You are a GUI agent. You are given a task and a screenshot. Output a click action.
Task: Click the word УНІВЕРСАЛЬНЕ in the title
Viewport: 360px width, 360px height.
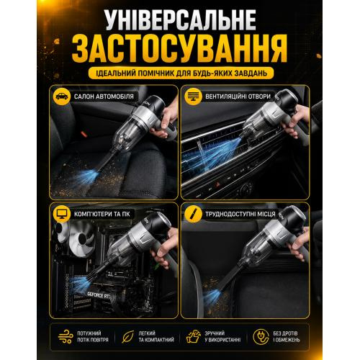[181, 20]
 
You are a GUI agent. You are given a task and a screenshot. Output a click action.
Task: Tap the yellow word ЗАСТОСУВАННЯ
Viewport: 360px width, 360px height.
[180, 49]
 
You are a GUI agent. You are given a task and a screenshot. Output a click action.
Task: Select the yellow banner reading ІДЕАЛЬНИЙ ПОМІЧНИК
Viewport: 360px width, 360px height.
[181, 73]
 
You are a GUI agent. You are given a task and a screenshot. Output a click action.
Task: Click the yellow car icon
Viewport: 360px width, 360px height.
[62, 96]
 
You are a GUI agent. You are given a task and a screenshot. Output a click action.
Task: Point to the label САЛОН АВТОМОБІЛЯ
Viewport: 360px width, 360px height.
[104, 96]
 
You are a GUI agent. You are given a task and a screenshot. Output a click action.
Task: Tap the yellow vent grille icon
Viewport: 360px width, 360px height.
[193, 96]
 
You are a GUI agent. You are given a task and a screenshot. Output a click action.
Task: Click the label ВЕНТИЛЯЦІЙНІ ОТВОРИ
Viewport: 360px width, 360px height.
[238, 96]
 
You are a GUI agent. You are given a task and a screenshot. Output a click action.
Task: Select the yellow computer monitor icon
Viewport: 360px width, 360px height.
[62, 214]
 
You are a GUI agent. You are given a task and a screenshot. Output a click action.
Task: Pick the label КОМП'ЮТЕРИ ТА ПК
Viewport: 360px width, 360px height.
[102, 214]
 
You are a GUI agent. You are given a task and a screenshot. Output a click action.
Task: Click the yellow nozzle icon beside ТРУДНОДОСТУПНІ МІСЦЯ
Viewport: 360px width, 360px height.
[193, 214]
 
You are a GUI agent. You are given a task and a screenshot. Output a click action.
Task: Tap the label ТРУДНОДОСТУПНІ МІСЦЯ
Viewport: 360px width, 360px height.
[240, 214]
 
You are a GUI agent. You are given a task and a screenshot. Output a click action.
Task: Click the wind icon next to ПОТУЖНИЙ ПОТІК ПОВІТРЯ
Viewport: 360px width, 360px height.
[66, 336]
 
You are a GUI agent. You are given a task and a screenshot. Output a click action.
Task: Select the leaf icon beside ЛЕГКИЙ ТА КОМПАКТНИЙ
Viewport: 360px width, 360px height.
[127, 336]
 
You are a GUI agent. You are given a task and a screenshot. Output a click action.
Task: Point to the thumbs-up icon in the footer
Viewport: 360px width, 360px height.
[194, 336]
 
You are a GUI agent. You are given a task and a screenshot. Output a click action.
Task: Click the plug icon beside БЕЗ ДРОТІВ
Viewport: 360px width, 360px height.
[261, 336]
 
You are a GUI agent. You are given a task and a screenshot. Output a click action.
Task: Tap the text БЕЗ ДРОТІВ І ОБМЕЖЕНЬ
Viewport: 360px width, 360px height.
[287, 336]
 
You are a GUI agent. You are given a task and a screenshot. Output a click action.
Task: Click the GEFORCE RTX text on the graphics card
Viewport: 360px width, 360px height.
[99, 295]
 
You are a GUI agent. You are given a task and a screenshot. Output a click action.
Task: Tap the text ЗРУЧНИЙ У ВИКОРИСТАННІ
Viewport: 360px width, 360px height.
[222, 336]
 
